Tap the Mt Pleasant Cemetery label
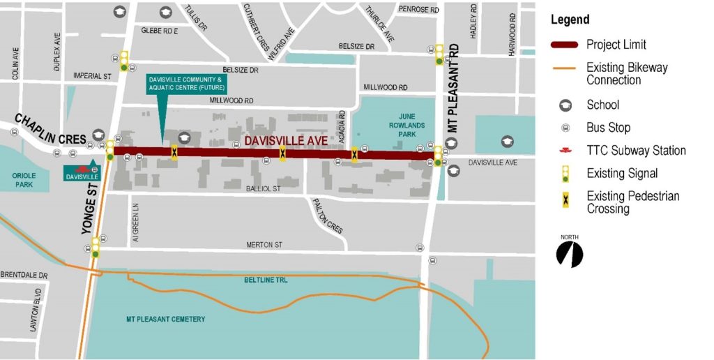pos(165,319)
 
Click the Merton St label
pos(264,245)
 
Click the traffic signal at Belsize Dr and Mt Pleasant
pos(439,55)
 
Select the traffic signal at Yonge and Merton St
pos(95,248)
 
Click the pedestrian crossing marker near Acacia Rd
pos(355,154)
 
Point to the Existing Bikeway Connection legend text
pos(627,73)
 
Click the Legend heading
pos(570,20)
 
